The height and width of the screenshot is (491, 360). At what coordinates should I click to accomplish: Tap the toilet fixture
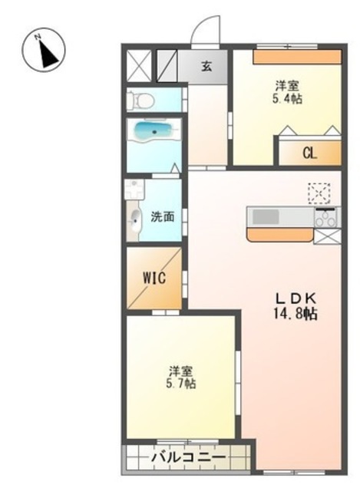(140, 100)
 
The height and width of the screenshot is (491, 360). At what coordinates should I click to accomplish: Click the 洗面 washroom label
(163, 216)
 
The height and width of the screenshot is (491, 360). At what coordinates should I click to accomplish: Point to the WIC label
(154, 278)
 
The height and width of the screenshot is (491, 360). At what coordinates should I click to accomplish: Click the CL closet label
(309, 153)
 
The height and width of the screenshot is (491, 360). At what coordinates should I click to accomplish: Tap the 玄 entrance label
(206, 66)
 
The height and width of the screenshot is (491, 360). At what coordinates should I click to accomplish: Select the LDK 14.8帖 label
(296, 306)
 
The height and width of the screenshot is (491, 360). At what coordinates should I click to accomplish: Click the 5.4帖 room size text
(287, 99)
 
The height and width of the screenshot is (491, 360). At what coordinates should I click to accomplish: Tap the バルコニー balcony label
(189, 458)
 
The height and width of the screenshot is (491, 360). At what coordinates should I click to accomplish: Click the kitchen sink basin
(266, 216)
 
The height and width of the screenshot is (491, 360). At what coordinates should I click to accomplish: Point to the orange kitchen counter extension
(280, 235)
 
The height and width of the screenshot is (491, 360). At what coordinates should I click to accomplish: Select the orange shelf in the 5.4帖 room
(297, 58)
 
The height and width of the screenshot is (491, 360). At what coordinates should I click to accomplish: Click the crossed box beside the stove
(327, 236)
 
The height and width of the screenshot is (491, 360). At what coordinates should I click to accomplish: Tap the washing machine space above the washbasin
(134, 189)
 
